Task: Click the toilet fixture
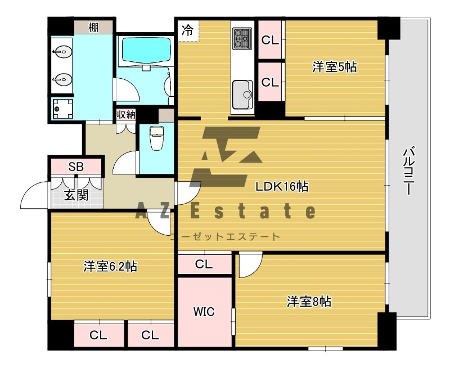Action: pos(156,138)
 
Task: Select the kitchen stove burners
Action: pos(242,38)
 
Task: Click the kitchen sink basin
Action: pos(242,95)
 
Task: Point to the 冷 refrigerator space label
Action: pos(188,30)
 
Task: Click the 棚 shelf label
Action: pos(93,28)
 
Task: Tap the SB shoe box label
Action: pos(76,167)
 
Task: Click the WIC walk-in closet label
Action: pos(204,311)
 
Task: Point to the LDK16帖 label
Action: pos(282,187)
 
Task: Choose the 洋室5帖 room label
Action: pos(335,67)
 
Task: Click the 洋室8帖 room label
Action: pos(309,302)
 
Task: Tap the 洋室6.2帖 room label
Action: pos(110,266)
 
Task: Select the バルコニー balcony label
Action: pos(407,172)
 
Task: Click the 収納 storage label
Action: pos(125,115)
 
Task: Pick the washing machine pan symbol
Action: pos(62,109)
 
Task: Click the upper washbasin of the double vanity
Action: pos(62,52)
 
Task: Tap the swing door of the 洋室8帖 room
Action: pos(250,264)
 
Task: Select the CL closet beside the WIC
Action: pos(204,264)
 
